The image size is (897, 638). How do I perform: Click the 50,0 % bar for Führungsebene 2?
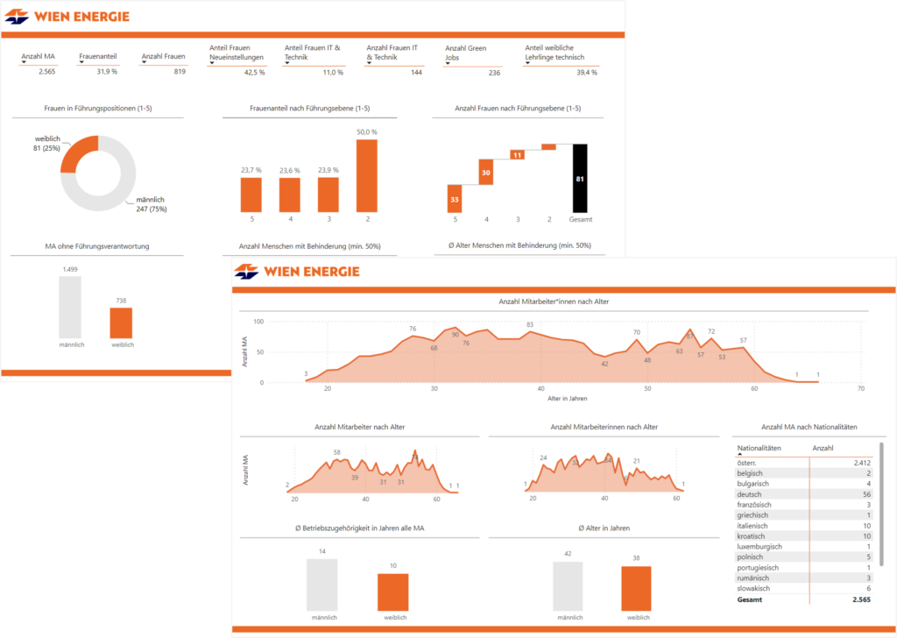367,175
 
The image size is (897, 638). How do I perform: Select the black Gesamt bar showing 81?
580,178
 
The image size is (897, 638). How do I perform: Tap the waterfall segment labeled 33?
454,199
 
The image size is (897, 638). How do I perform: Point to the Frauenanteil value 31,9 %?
107,72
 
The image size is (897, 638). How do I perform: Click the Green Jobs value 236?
494,73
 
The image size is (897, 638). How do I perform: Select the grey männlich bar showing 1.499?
70,307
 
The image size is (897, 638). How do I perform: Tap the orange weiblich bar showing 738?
121,323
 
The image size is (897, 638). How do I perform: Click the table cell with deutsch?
750,494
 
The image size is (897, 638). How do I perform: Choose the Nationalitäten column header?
759,448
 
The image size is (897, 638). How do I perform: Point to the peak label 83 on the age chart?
530,325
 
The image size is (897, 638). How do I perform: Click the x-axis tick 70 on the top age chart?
860,388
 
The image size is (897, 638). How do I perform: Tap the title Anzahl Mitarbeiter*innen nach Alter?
553,301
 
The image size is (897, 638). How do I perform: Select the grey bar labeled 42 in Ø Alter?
568,585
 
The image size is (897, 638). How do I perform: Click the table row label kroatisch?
752,536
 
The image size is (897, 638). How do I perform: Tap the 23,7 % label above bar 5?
251,170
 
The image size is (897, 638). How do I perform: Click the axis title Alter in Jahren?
568,399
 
